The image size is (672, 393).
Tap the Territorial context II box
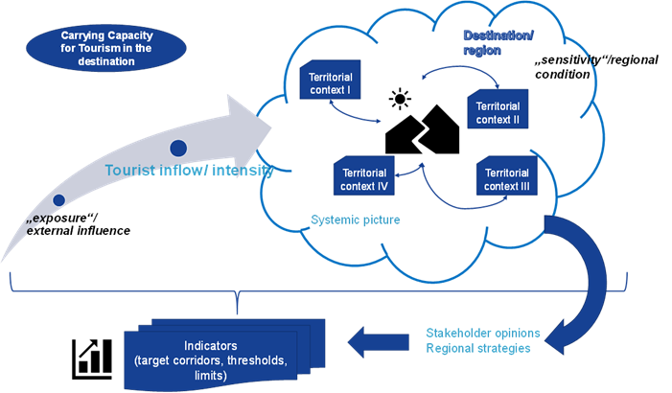click(x=497, y=110)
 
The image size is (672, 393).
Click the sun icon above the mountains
click(x=396, y=99)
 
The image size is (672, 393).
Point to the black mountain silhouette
click(x=422, y=133)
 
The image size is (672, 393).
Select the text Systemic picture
click(x=356, y=220)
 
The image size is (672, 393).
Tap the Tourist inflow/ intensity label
click(x=189, y=171)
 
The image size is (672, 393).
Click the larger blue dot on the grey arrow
click(x=177, y=149)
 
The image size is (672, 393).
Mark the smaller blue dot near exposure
click(x=58, y=200)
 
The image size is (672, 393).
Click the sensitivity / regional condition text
click(x=578, y=66)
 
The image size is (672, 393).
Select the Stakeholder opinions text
click(x=482, y=333)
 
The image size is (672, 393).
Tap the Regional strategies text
click(x=478, y=348)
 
